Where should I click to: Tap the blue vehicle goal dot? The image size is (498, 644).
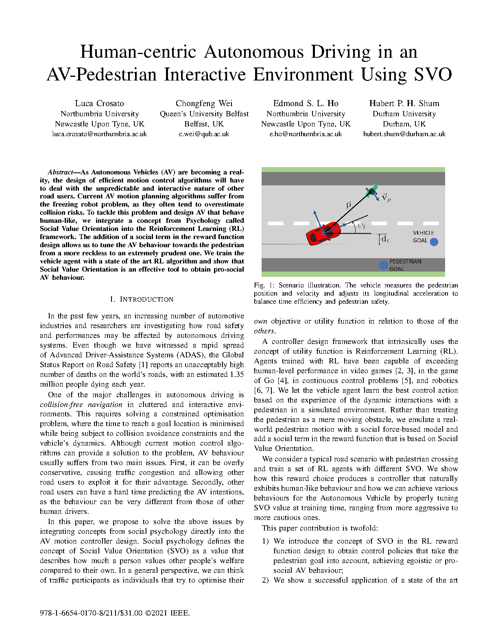point(434,242)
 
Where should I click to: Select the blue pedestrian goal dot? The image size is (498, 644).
point(383,265)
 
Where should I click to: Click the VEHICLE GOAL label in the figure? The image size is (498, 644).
point(423,237)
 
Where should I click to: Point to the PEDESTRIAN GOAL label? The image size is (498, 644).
point(405,265)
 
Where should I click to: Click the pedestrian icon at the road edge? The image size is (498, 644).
point(371,191)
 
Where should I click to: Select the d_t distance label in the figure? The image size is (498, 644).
point(385,239)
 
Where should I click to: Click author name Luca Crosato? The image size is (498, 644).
point(99,103)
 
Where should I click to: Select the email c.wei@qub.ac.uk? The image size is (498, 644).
point(204,134)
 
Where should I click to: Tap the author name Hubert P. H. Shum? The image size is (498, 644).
point(404,103)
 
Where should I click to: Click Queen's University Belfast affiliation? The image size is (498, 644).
point(204,114)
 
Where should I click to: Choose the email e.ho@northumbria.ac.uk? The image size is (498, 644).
point(306,134)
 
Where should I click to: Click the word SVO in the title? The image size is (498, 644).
point(433,75)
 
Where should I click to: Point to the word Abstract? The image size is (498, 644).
point(60,172)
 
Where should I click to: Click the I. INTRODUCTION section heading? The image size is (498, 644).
point(142,299)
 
